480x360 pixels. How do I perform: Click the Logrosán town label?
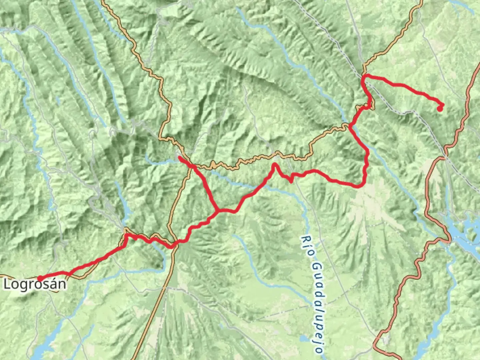coord(35,284)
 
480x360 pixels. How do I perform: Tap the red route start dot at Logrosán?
coord(40,278)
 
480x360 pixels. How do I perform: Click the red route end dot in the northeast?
coord(440,108)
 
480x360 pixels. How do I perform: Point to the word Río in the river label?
coord(307,246)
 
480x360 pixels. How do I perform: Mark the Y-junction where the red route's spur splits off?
coord(217,211)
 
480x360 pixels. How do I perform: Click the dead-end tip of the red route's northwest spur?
coord(180,157)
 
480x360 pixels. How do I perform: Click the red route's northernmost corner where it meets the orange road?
coord(364,76)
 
